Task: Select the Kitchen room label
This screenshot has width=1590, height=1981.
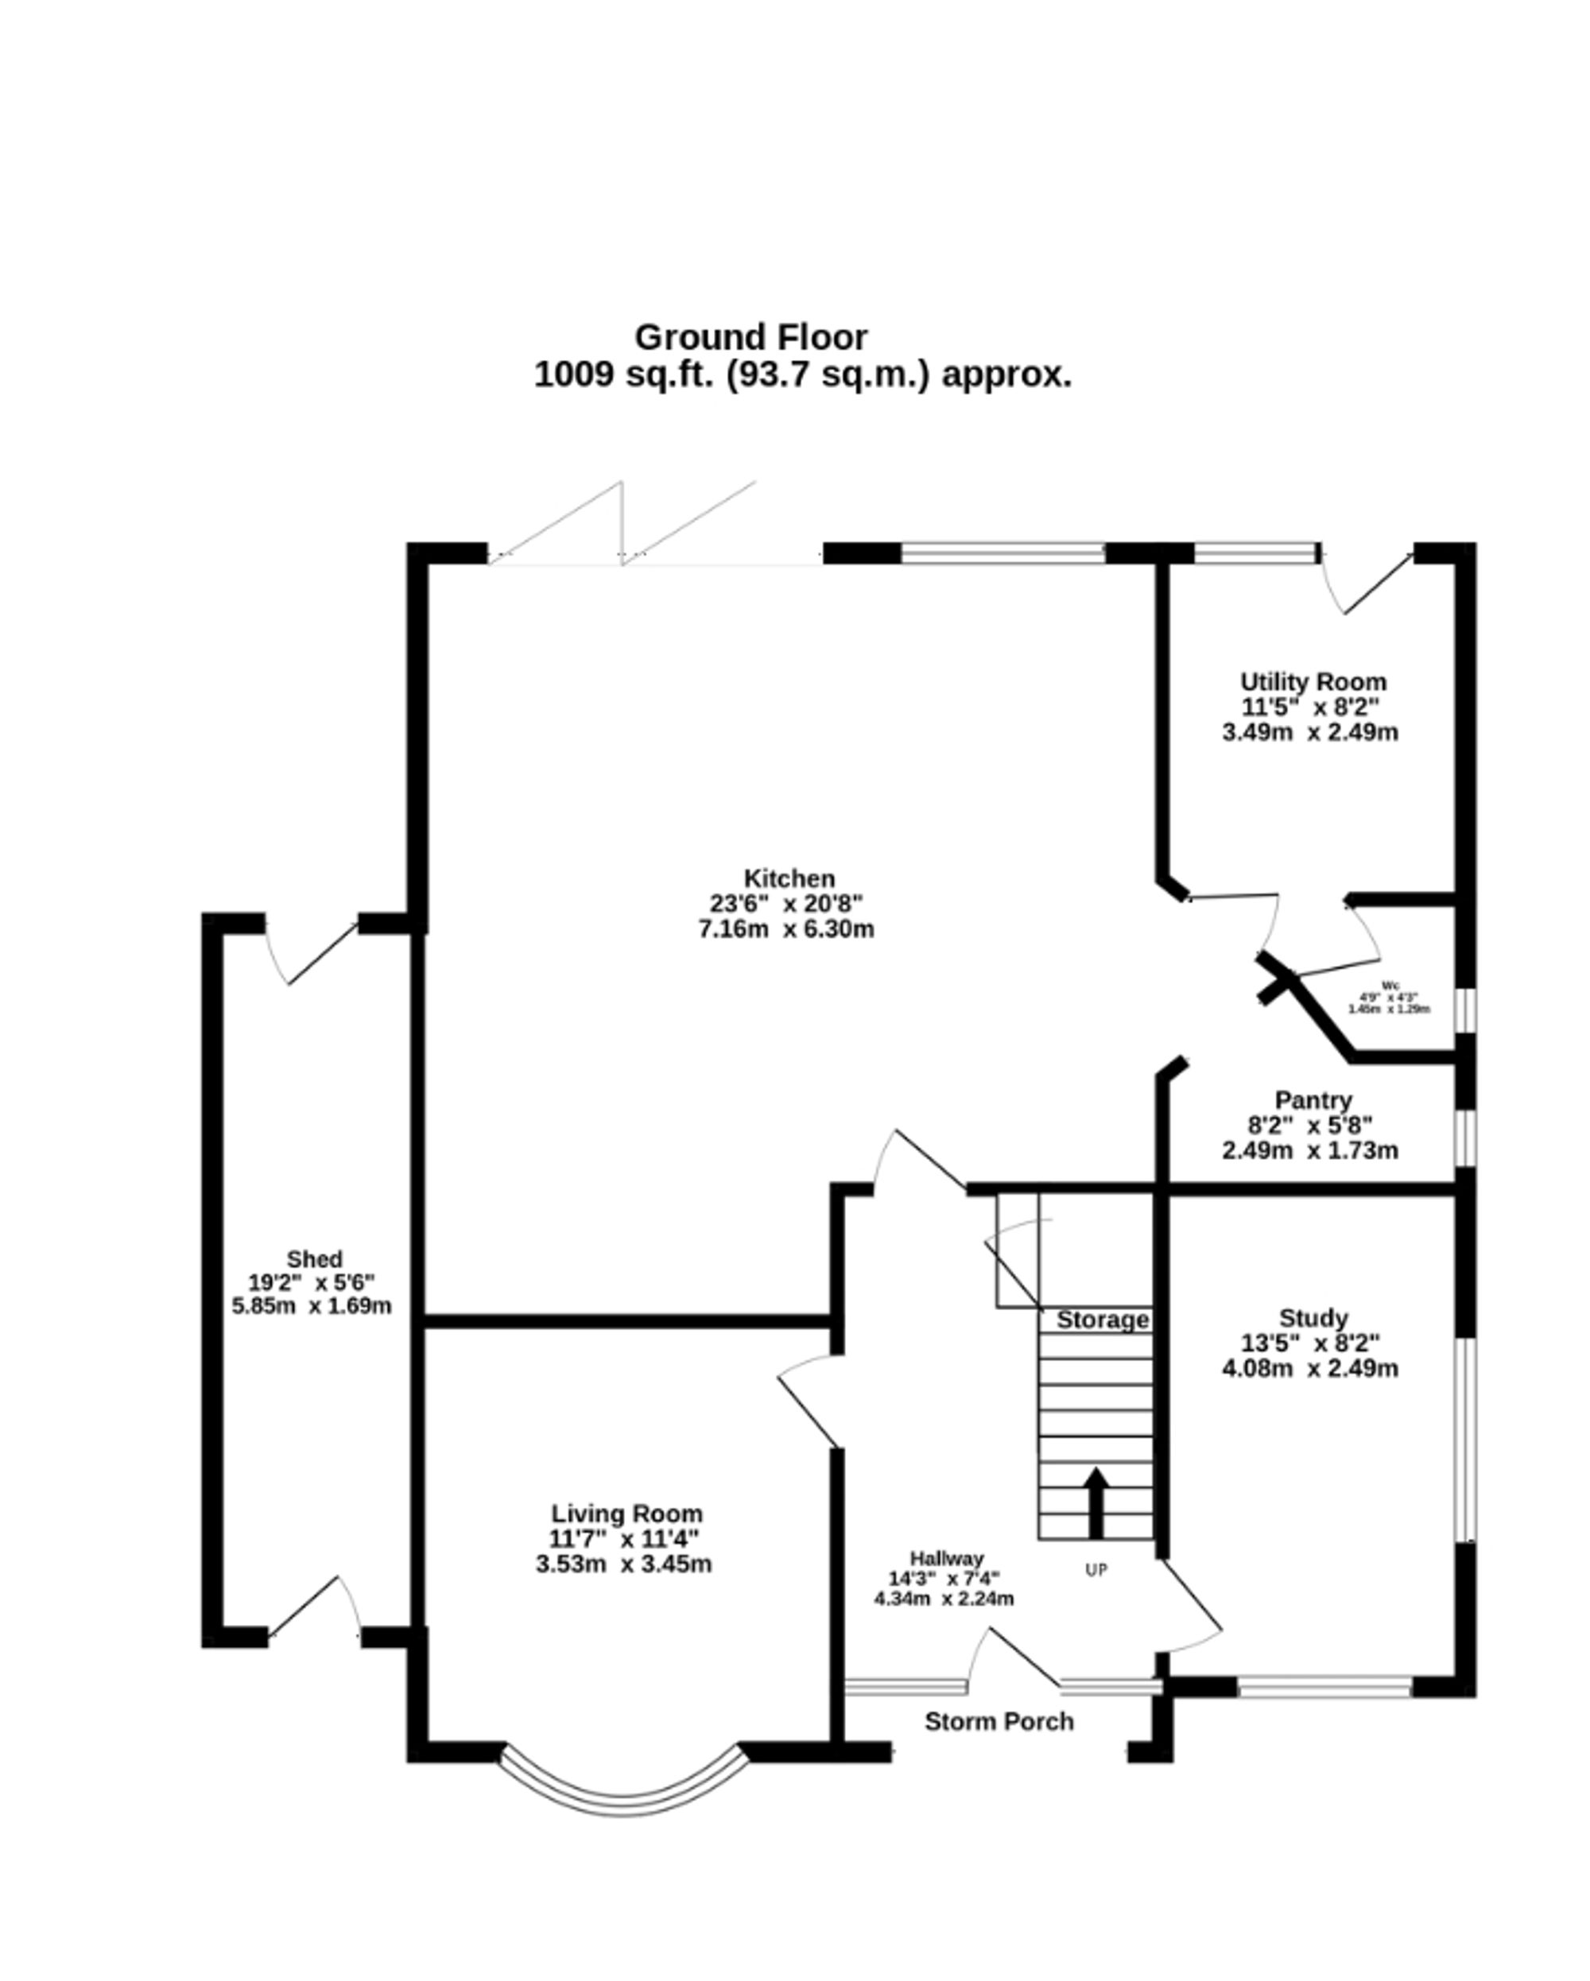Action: pyautogui.click(x=789, y=878)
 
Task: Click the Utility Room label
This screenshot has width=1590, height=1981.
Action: pyautogui.click(x=1313, y=682)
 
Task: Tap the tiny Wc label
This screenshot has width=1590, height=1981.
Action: pyautogui.click(x=1390, y=985)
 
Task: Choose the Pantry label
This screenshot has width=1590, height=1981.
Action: pyautogui.click(x=1313, y=1100)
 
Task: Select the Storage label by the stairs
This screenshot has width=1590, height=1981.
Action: pyautogui.click(x=1102, y=1320)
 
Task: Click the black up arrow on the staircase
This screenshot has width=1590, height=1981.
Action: pyautogui.click(x=1096, y=1504)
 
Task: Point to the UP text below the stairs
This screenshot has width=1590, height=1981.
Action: pyautogui.click(x=1096, y=1570)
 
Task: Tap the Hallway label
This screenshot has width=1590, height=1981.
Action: pyautogui.click(x=947, y=1558)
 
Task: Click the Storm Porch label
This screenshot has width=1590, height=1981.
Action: pyautogui.click(x=998, y=1721)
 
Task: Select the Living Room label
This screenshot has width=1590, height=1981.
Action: pyautogui.click(x=626, y=1514)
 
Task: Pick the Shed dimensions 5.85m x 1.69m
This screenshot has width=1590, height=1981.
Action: pyautogui.click(x=312, y=1305)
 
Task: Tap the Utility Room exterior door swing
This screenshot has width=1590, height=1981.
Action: pyautogui.click(x=1367, y=583)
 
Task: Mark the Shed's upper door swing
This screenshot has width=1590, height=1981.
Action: pyautogui.click(x=311, y=950)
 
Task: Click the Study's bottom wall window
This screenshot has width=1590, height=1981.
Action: pyautogui.click(x=1324, y=1686)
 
